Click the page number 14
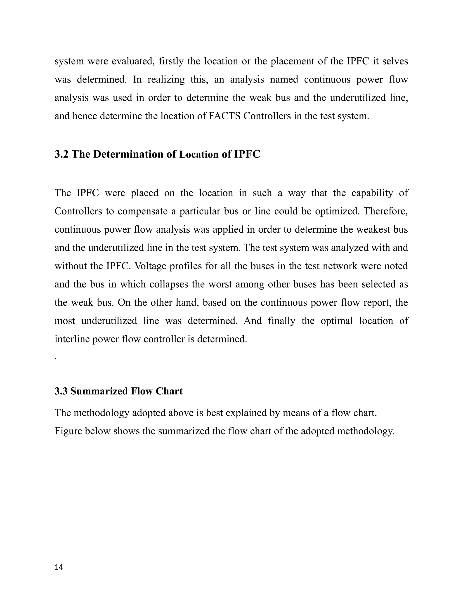click(59, 567)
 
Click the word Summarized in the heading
click(99, 391)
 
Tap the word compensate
click(147, 211)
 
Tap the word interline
click(72, 339)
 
